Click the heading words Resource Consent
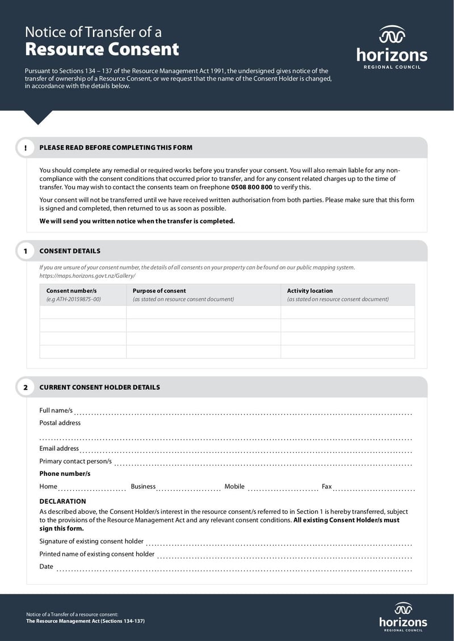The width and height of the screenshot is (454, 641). pyautogui.click(x=102, y=49)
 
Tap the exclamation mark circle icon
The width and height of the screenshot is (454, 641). pyautogui.click(x=26, y=148)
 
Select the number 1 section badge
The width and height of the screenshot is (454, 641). pyautogui.click(x=26, y=251)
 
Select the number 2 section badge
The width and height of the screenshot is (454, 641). pyautogui.click(x=26, y=387)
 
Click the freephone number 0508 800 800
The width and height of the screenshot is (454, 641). pyautogui.click(x=251, y=187)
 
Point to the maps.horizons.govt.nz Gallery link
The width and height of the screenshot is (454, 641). pyautogui.click(x=87, y=276)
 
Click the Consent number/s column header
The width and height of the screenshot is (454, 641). pyautogui.click(x=72, y=291)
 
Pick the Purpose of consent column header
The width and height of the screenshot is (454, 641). pyautogui.click(x=159, y=291)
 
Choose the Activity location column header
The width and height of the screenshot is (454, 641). pyautogui.click(x=310, y=291)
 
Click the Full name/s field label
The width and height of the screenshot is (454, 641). pyautogui.click(x=56, y=411)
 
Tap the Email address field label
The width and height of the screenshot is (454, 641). pyautogui.click(x=59, y=449)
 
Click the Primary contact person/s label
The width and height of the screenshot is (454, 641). pyautogui.click(x=75, y=462)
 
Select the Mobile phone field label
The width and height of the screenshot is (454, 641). pyautogui.click(x=234, y=487)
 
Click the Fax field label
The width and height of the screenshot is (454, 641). pyautogui.click(x=327, y=487)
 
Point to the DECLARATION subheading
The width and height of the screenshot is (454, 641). pyautogui.click(x=62, y=501)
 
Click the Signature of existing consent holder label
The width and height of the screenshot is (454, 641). pyautogui.click(x=91, y=542)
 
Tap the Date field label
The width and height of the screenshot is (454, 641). pyautogui.click(x=46, y=567)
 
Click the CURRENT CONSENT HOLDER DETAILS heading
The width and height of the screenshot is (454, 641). pyautogui.click(x=99, y=387)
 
